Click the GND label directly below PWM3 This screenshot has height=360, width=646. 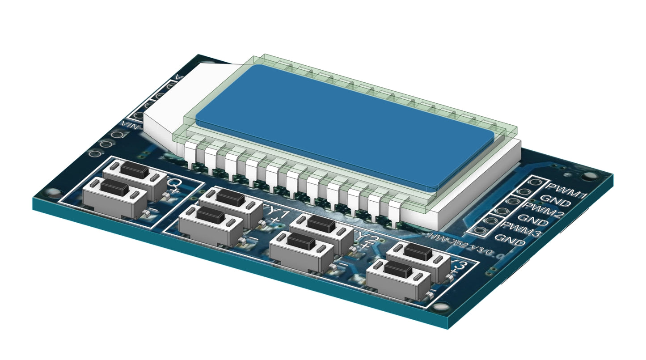510,241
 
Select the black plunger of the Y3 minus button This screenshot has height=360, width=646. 398,269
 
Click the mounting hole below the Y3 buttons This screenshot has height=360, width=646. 440,308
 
